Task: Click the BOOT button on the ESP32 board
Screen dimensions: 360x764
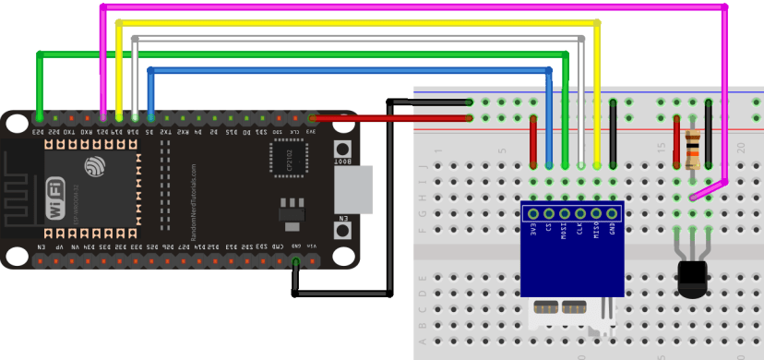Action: coord(342,150)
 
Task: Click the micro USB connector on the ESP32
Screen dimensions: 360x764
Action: coord(352,188)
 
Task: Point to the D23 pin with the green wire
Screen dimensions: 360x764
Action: coord(40,118)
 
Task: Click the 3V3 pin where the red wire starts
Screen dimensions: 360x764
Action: coord(313,118)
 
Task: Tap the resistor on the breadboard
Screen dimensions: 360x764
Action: coord(693,148)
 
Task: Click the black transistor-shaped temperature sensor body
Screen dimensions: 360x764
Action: coord(692,276)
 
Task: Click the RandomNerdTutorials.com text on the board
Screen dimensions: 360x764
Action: coord(195,203)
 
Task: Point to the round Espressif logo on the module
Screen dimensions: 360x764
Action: coord(95,167)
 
